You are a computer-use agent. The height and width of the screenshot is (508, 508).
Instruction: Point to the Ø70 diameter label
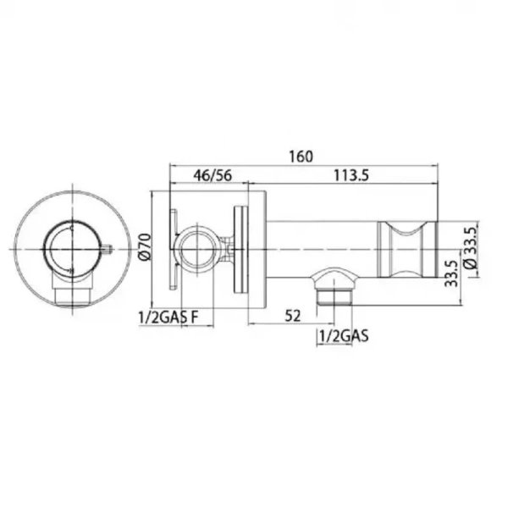(145, 249)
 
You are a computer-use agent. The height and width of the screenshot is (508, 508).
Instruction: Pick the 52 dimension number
(292, 315)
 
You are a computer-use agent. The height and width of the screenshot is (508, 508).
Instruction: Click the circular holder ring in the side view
(200, 248)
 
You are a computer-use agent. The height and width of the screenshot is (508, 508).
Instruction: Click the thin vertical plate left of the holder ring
(174, 249)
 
